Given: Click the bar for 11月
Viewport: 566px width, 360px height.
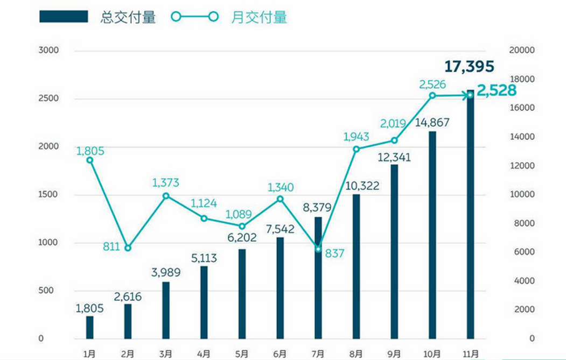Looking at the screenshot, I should coord(471,215).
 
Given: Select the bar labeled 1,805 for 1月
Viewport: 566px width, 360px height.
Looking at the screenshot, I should coord(90,327).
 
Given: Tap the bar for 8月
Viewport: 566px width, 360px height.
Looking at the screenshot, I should coord(356,266).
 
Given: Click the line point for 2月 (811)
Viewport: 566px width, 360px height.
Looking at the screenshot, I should coord(128,248).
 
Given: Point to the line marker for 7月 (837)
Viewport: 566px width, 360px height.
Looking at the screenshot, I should coord(318,249).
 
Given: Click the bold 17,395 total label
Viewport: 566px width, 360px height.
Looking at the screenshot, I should coord(469,67).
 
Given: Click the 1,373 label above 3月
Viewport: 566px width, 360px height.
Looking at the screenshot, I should coord(165,183).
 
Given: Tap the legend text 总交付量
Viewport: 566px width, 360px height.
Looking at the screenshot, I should coord(128,17).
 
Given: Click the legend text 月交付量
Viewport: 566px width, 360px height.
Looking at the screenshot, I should coord(259,17).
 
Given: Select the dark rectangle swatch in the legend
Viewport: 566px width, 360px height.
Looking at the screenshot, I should coord(63,17).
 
